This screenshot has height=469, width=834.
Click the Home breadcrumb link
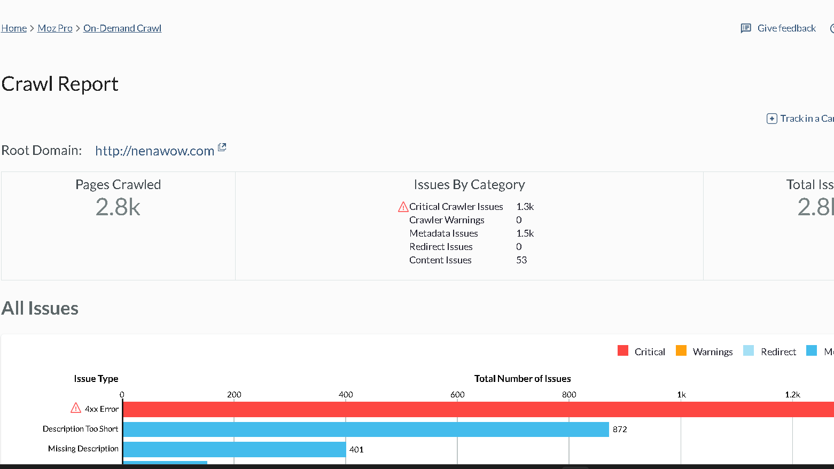[x=14, y=28]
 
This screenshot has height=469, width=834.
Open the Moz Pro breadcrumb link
[x=55, y=28]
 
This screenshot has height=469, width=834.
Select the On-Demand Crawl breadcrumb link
[x=122, y=28]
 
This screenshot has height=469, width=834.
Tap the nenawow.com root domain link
[x=154, y=151]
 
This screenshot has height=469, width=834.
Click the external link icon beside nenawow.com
[x=222, y=147]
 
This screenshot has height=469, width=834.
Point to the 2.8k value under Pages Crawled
[x=118, y=207]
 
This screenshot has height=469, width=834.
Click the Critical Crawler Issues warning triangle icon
[x=403, y=207]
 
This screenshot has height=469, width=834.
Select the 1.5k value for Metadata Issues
[x=525, y=233]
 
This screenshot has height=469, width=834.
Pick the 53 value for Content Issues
[x=521, y=260]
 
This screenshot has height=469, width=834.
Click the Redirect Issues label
[x=441, y=247]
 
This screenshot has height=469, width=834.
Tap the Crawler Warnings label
[x=447, y=220]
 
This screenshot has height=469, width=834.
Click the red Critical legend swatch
[x=623, y=351]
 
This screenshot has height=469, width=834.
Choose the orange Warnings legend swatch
[x=681, y=351]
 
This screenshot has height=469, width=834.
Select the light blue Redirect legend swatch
[x=749, y=351]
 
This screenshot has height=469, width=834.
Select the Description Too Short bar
[x=366, y=429]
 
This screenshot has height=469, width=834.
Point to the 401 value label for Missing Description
[x=356, y=450]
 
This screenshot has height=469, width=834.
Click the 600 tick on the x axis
[x=457, y=395]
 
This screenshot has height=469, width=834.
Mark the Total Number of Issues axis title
[x=523, y=379]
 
